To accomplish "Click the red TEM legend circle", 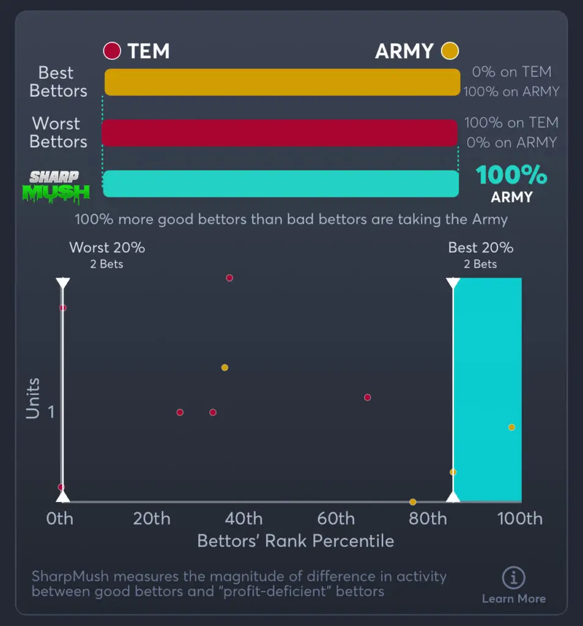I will click(x=112, y=51).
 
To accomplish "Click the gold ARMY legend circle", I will click(x=450, y=51).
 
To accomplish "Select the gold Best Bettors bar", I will click(x=282, y=82).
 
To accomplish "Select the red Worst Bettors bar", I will click(x=280, y=133).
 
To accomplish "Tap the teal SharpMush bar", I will click(x=281, y=183).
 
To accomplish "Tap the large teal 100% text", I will click(x=511, y=175).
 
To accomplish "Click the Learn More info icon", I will click(x=513, y=578).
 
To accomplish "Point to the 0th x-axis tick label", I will click(x=60, y=519).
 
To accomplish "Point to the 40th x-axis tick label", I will click(x=244, y=519).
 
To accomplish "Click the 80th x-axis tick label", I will click(x=428, y=519).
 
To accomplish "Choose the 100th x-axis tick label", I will click(x=520, y=519).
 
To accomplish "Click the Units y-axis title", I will click(x=33, y=399).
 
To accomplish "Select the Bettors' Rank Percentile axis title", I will click(x=295, y=541).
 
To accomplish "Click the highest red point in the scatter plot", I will click(x=229, y=278).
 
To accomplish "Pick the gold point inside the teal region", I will click(x=511, y=427).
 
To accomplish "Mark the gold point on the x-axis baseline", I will click(x=413, y=502).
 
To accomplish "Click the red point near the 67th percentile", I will click(x=368, y=397).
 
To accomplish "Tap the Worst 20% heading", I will click(x=107, y=248).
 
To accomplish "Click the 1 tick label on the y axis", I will click(x=51, y=412).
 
